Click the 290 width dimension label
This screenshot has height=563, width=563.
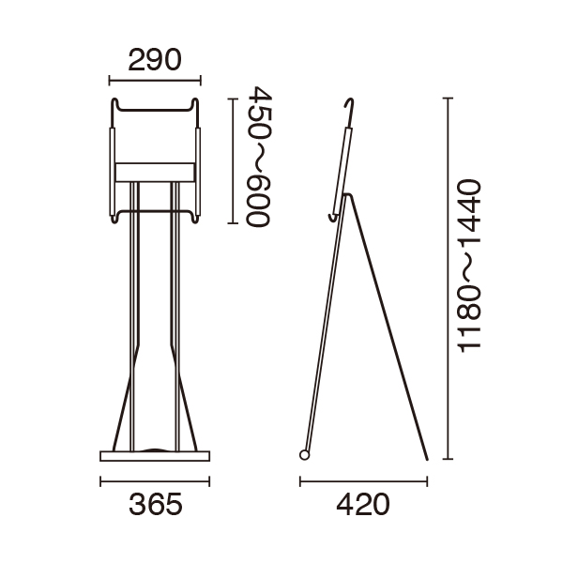click(x=155, y=60)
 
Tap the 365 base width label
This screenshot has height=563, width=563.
click(x=156, y=504)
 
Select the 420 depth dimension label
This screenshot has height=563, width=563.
click(x=362, y=504)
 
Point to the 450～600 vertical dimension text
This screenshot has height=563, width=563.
click(x=258, y=156)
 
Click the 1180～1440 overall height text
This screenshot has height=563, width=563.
click(x=469, y=266)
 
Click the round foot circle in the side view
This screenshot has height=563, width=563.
click(x=304, y=455)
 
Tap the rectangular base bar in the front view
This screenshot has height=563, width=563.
click(x=155, y=456)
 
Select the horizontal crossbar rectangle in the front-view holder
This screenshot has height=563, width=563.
click(x=155, y=173)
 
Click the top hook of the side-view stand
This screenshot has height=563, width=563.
click(x=349, y=112)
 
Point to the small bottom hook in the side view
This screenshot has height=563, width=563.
click(x=333, y=218)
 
